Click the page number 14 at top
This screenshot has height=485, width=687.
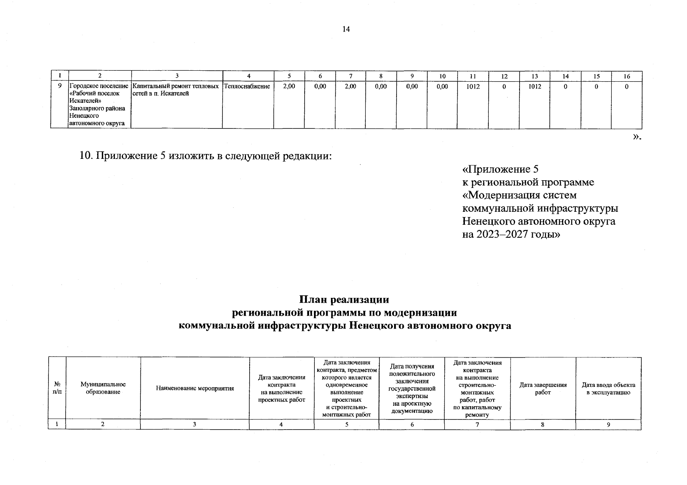tap(346, 29)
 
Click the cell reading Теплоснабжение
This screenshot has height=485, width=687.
tap(247, 86)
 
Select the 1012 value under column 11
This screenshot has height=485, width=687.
tap(473, 86)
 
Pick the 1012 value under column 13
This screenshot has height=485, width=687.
tap(534, 86)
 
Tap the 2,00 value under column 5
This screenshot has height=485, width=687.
tap(289, 86)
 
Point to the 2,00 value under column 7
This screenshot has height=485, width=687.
tap(350, 86)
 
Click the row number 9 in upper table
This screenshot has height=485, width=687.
tap(59, 86)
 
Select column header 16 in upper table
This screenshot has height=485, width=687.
tap(626, 76)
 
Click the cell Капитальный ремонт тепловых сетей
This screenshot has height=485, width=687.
tap(176, 90)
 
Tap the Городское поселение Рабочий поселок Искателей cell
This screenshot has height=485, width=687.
tap(99, 105)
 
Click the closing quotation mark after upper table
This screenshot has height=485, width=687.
tap(637, 137)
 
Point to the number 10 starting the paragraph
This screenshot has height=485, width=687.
tap(86, 156)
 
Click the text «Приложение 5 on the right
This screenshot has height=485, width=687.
tap(500, 169)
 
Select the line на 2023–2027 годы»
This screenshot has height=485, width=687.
tap(511, 234)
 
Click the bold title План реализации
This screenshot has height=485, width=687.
tap(344, 299)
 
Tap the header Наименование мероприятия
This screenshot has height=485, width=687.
tap(195, 388)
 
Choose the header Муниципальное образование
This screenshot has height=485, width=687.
tap(103, 388)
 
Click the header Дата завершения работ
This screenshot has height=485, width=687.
tap(543, 388)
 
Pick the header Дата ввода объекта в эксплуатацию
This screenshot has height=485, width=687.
tap(608, 388)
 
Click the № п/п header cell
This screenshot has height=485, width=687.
tap(57, 388)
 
